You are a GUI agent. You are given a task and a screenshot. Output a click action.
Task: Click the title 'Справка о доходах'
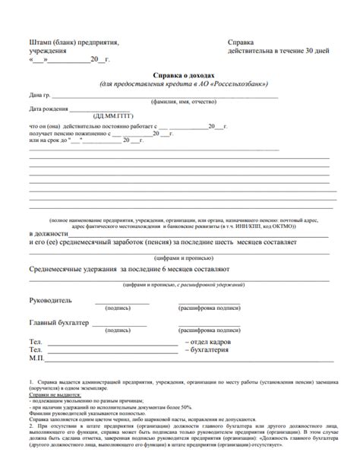coord(179,76)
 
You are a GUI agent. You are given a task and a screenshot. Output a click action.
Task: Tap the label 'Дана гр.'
coord(41,96)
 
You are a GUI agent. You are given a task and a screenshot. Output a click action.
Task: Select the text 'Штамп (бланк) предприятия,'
coord(73,43)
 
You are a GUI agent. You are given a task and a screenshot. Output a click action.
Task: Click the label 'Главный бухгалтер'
coord(58,322)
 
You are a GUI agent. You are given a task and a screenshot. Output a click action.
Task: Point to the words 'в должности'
coord(49,232)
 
